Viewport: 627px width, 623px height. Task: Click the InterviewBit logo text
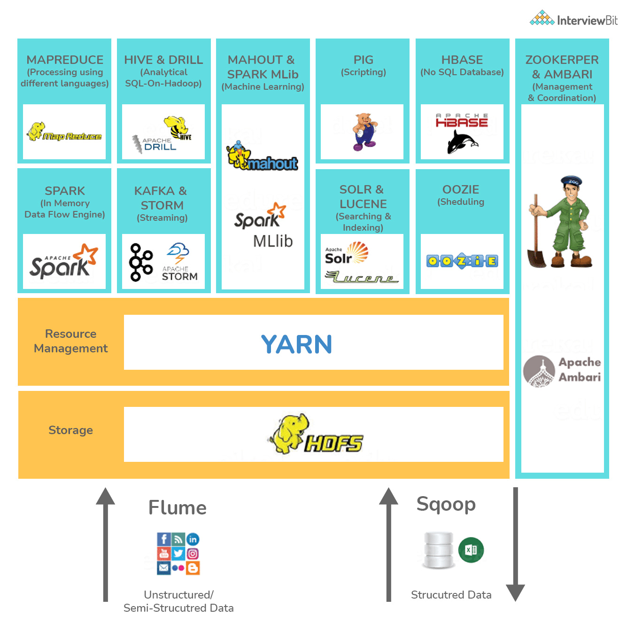[587, 20]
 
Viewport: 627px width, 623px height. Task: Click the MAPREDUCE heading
[65, 60]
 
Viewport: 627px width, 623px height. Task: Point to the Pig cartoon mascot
[364, 132]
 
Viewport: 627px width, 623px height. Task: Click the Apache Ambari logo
[562, 370]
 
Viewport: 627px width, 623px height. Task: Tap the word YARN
[296, 344]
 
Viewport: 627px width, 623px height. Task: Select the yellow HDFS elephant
[289, 432]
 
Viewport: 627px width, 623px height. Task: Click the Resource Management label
[71, 341]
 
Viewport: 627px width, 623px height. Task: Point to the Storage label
[71, 430]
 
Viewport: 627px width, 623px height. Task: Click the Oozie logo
[462, 261]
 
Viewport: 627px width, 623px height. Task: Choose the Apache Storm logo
[179, 263]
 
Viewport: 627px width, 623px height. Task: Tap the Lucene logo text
[362, 278]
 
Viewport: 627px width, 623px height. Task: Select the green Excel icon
[471, 550]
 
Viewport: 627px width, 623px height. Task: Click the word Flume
[178, 508]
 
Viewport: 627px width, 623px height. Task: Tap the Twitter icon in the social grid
[178, 553]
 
